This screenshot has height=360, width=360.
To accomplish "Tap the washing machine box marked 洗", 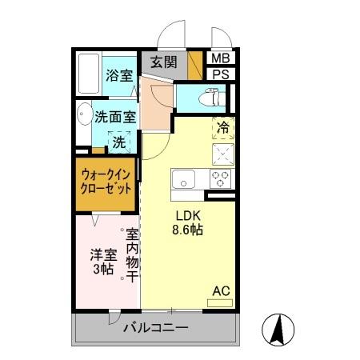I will click(x=118, y=143).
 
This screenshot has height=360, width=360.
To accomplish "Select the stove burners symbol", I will click(x=220, y=176).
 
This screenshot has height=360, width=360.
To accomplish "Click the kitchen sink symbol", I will click(x=184, y=178).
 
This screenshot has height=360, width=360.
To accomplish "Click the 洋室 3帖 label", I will click(x=102, y=262).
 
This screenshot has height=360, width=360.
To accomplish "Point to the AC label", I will click(x=220, y=290).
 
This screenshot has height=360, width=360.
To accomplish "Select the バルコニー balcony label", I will click(x=155, y=328).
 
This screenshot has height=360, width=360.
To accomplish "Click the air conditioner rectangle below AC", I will click(x=220, y=303).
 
